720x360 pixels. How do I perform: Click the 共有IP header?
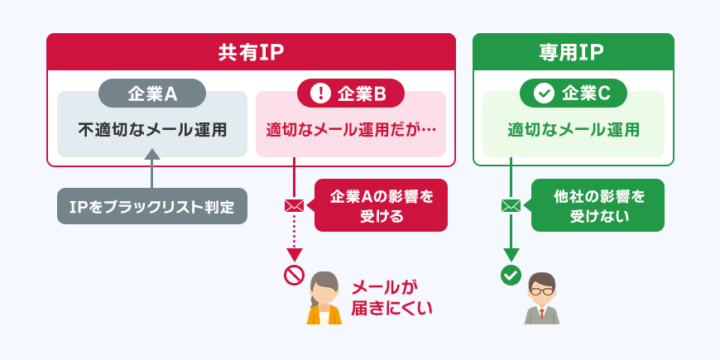[x=251, y=53]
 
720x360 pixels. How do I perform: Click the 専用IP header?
[x=573, y=53]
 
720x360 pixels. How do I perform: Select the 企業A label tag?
[x=152, y=94]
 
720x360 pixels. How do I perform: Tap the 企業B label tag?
[x=351, y=94]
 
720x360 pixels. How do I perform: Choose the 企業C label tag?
[x=573, y=94]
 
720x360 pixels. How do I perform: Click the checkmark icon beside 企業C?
[x=543, y=94]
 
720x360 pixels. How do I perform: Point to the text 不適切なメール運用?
[x=152, y=130]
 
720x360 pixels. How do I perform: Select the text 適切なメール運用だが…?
[x=351, y=130]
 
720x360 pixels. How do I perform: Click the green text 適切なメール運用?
[x=573, y=130]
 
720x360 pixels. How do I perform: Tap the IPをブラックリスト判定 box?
[x=152, y=206]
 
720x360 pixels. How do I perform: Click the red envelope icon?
[x=294, y=205]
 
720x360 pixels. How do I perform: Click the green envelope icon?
[x=511, y=205]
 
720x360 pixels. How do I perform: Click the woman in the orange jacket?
[x=324, y=299]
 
